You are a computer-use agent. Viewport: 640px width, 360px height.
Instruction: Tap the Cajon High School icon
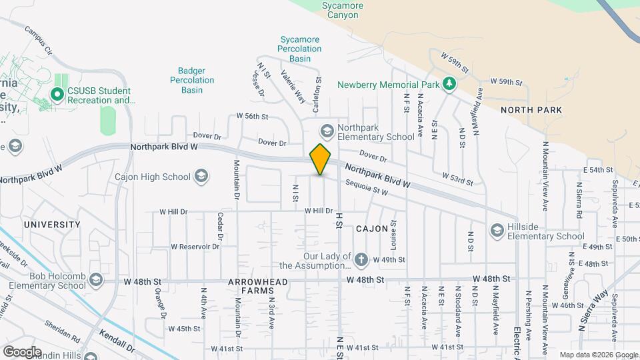pyautogui.click(x=201, y=177)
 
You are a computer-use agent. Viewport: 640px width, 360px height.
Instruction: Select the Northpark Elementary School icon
pyautogui.click(x=327, y=129)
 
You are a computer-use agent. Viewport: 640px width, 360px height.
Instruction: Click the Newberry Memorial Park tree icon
pyautogui.click(x=450, y=84)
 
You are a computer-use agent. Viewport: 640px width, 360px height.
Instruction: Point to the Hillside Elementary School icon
pyautogui.click(x=497, y=230)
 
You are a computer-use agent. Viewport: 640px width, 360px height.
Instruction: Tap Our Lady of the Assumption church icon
pyautogui.click(x=361, y=259)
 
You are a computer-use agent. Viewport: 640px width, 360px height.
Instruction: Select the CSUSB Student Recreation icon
pyautogui.click(x=57, y=95)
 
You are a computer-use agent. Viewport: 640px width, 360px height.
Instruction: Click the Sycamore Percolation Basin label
pyautogui.click(x=300, y=49)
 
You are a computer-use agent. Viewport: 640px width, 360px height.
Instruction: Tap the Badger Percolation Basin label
pyautogui.click(x=196, y=80)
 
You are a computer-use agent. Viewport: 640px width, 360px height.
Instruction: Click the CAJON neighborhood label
pyautogui.click(x=372, y=229)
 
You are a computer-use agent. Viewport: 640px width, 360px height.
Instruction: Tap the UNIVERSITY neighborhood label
pyautogui.click(x=52, y=225)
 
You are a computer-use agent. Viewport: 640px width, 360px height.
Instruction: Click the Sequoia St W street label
pyautogui.click(x=367, y=187)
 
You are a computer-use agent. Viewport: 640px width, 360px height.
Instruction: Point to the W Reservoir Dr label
pyautogui.click(x=195, y=246)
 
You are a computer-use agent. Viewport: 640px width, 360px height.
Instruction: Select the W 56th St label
pyautogui.click(x=252, y=116)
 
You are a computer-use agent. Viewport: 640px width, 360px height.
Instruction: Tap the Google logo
pyautogui.click(x=22, y=351)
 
